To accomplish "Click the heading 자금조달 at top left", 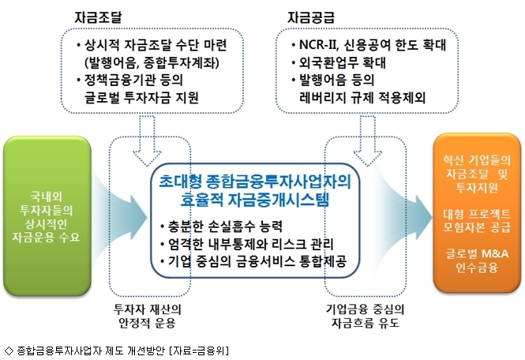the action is click(x=98, y=17).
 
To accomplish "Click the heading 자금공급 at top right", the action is click(x=311, y=17).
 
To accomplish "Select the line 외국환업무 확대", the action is click(x=343, y=62).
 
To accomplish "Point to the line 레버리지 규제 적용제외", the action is click(x=362, y=97).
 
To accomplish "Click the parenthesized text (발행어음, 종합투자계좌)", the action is click(x=152, y=62).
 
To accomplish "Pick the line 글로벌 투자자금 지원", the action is click(x=141, y=97).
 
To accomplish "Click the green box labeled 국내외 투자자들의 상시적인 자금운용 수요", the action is click(x=47, y=216).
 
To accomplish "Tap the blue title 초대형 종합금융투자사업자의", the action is click(x=255, y=181).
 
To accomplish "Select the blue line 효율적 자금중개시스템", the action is click(x=255, y=199).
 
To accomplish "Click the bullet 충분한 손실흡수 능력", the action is click(x=225, y=227).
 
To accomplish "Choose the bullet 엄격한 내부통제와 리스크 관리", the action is click(x=251, y=244).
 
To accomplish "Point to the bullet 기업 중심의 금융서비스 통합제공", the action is click(x=257, y=261).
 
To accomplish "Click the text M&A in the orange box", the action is click(x=493, y=253).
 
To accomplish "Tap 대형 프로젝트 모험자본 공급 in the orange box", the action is click(x=477, y=221).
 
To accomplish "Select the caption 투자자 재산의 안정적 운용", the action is click(x=148, y=316).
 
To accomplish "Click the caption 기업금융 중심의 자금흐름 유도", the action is click(x=366, y=316).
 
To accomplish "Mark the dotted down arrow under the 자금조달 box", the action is click(x=147, y=141).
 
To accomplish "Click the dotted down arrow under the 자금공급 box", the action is click(x=368, y=141).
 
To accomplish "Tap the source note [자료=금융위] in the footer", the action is click(x=199, y=351).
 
